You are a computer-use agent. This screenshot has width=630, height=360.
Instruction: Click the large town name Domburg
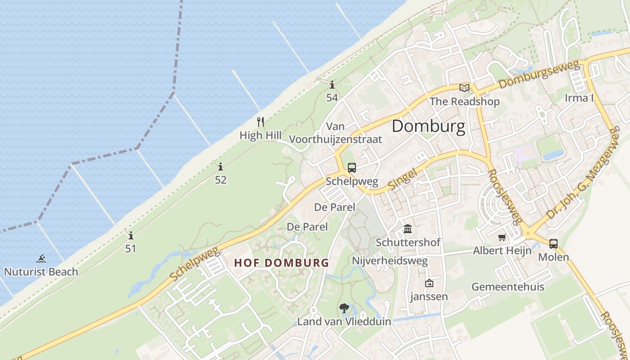point(428,126)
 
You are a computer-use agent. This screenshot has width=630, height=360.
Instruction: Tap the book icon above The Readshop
point(464,88)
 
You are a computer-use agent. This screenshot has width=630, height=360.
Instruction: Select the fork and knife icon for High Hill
point(261,121)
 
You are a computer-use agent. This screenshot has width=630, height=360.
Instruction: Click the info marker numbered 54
point(332,85)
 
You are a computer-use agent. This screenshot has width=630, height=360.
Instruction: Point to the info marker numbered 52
point(220,167)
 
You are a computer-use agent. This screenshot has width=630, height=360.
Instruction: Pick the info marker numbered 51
point(130,235)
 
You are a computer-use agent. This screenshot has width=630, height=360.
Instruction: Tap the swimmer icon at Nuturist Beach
point(41,259)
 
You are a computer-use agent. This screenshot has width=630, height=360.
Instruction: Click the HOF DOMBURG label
point(282,263)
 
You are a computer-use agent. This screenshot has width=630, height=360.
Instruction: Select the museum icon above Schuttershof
point(408,229)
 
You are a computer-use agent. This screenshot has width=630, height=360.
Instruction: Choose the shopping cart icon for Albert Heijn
point(502,237)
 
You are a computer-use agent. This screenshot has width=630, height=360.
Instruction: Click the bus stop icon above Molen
point(553,243)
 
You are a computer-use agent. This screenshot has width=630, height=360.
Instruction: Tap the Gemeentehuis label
point(508,287)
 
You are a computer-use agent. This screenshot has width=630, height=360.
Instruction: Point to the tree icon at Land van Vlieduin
point(344,308)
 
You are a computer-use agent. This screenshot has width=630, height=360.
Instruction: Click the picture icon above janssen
point(429,283)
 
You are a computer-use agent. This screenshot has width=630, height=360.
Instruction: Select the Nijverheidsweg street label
point(390,261)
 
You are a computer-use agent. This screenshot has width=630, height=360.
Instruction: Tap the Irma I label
point(580,98)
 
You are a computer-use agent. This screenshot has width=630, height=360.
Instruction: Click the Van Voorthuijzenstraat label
point(335,133)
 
